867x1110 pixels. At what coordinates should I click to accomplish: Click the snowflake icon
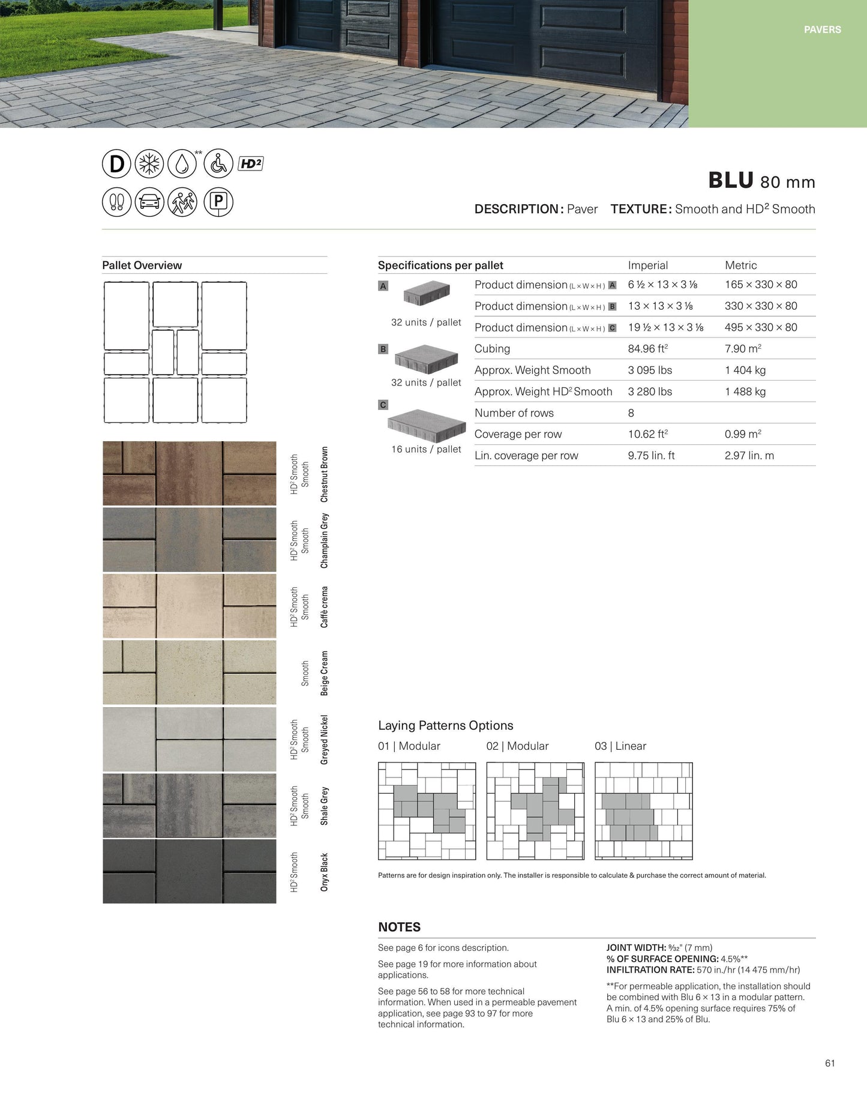point(149,164)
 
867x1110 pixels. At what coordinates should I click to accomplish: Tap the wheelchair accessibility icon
point(218,164)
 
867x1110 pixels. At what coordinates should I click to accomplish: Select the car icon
point(149,202)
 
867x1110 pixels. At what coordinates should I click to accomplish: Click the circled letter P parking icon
point(218,202)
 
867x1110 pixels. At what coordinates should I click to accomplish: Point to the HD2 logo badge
point(251,163)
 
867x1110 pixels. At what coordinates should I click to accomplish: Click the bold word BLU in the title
point(731,181)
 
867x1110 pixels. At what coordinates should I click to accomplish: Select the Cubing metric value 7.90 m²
point(743,349)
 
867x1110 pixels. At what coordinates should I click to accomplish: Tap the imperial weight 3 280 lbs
point(650,391)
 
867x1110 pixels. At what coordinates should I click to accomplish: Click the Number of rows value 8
point(631,413)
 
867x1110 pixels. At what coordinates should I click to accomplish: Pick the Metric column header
point(740,265)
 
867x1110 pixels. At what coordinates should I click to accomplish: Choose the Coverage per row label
point(518,434)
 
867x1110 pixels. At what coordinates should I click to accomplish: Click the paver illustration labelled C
point(427,424)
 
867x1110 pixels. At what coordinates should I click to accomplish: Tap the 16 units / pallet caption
point(426,449)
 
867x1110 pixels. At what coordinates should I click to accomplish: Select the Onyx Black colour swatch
point(190,871)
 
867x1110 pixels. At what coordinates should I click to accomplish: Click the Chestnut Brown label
point(325,474)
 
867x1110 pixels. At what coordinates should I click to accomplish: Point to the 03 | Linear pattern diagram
point(643,810)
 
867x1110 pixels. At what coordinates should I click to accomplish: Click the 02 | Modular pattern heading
point(517,746)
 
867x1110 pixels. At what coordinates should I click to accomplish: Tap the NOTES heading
point(399,927)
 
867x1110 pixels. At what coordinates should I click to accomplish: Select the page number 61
point(830,1063)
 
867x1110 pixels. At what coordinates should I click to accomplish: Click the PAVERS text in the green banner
point(822,29)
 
